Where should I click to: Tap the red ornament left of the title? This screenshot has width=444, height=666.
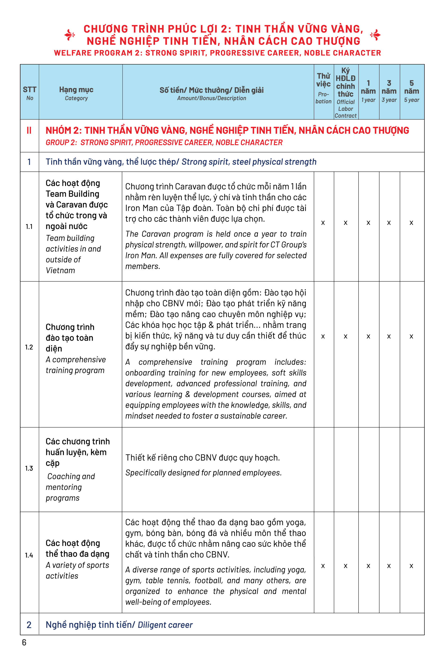coord(69,35)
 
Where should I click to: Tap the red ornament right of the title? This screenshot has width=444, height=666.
coord(375,35)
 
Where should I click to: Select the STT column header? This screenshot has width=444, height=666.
coord(29,93)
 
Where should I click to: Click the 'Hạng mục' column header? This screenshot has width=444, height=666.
coord(76,93)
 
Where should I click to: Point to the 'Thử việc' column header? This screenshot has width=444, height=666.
coord(323,88)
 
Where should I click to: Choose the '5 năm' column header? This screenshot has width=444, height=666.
coord(411,91)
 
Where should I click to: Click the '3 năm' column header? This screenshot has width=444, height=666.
coord(389,91)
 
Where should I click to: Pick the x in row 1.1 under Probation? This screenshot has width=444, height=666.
coord(323,223)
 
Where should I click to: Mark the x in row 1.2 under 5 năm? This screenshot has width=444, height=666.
coord(411,336)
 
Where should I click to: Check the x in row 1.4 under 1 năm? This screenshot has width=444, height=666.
coord(368,566)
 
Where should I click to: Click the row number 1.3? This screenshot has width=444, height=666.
coord(29,468)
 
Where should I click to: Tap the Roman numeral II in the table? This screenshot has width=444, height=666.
coord(29,131)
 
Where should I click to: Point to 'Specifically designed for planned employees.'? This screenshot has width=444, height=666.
coord(203,473)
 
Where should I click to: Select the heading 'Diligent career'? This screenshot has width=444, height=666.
coord(165,625)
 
